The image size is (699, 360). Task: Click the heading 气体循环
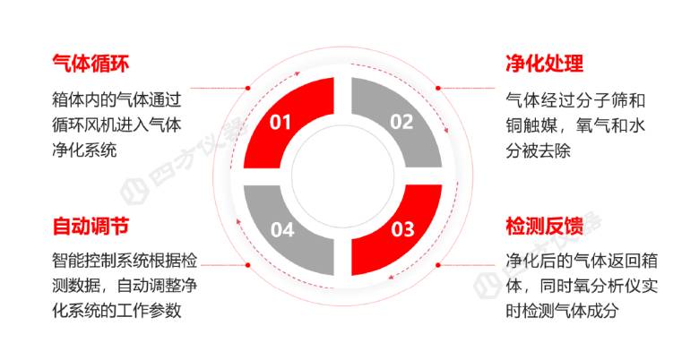point(91,64)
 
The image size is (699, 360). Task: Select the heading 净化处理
point(544,64)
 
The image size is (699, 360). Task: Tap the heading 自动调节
point(91,226)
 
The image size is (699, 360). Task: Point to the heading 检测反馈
point(544,226)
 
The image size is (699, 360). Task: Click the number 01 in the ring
point(280,122)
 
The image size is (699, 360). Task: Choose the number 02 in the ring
point(401,122)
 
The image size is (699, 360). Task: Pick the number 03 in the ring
point(402,229)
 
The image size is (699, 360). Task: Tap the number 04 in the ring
point(282,229)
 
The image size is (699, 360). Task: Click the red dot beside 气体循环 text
point(248,88)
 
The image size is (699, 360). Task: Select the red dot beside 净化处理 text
point(438,88)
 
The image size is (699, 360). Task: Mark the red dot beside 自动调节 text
point(248,265)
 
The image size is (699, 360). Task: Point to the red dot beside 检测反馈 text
point(438,265)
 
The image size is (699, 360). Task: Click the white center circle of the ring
point(343,176)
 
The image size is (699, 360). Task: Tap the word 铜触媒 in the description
point(530,125)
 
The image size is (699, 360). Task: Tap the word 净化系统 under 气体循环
point(84,150)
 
